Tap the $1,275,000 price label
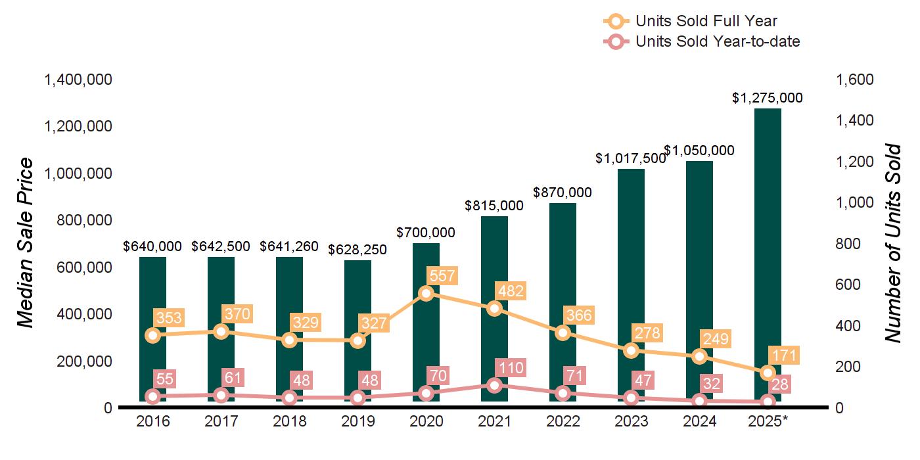768,98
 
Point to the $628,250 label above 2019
357,250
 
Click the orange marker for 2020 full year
426,293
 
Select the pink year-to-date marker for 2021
494,385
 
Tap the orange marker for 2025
768,373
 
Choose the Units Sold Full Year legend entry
690,22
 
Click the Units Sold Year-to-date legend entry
701,41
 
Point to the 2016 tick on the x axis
152,421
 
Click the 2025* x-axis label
768,421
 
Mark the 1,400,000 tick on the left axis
78,80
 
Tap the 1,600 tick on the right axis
854,80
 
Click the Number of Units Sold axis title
892,243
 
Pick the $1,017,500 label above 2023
630,158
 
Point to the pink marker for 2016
152,396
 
